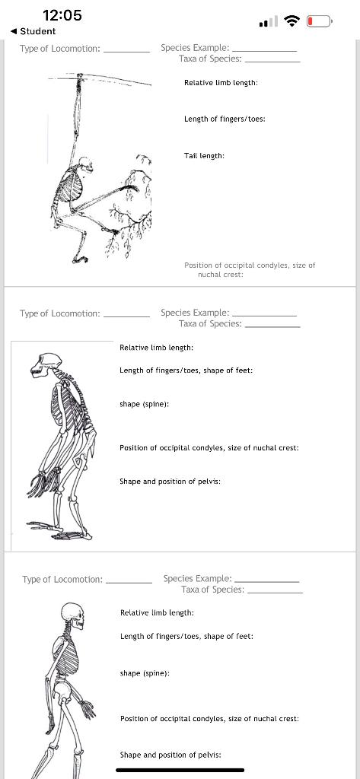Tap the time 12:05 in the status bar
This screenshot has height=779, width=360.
[62, 15]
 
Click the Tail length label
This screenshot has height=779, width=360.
[204, 155]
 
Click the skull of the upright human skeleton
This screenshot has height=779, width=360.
[72, 613]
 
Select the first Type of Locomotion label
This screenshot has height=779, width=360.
[60, 49]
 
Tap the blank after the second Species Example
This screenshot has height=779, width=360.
[263, 313]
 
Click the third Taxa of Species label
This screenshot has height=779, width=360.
[212, 590]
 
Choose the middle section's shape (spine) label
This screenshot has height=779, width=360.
[144, 404]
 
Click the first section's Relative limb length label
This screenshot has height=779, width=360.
[221, 82]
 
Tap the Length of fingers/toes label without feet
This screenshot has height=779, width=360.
[225, 119]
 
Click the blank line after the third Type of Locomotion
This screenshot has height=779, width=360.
[128, 581]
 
